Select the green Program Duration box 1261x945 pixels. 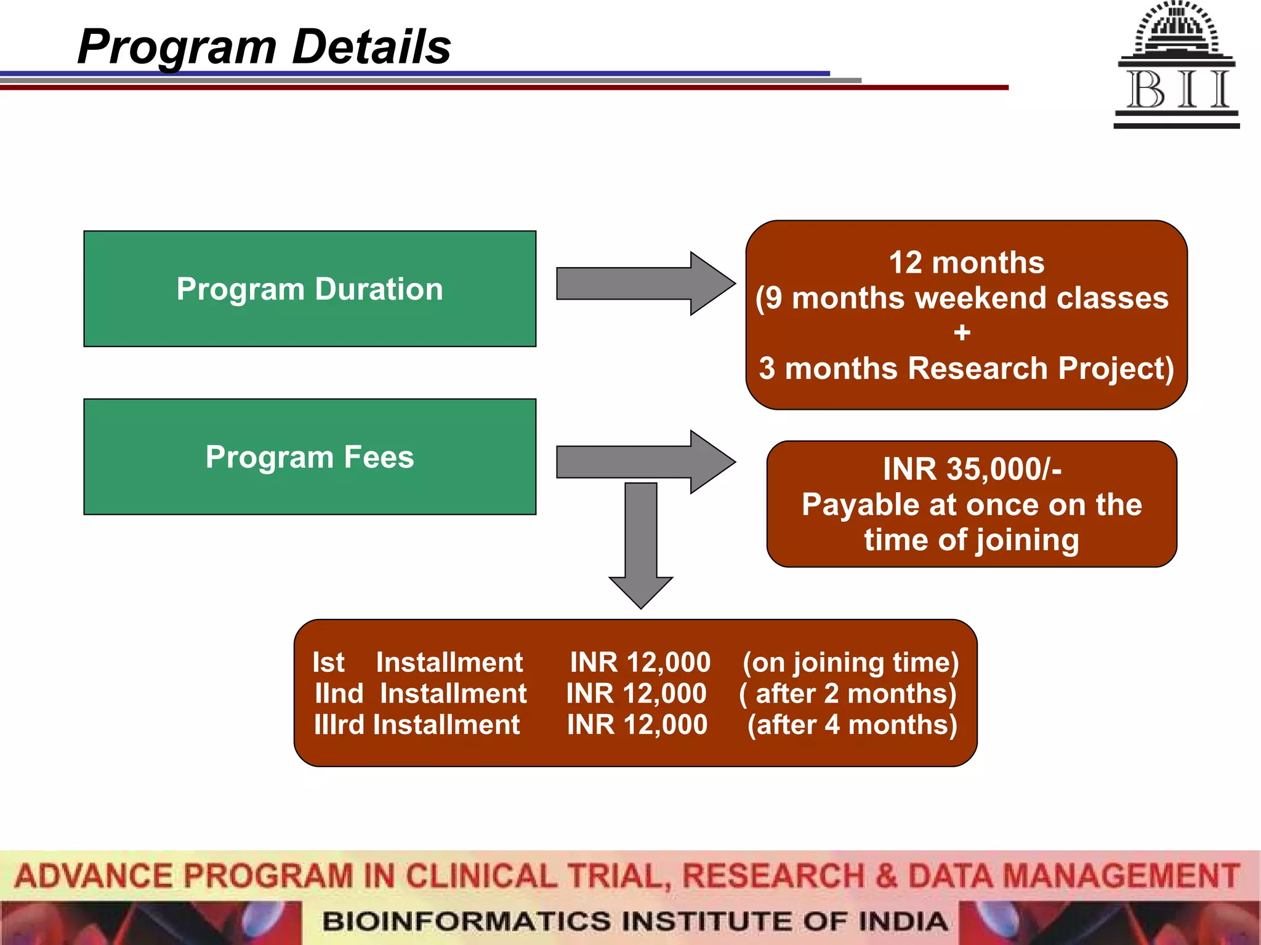(x=310, y=289)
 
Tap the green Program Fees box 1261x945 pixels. (x=310, y=457)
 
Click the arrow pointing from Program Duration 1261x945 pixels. (x=645, y=284)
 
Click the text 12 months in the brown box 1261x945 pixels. (x=966, y=263)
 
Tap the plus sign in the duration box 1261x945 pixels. (x=962, y=333)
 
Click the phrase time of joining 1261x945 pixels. (x=972, y=540)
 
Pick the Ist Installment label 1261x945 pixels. (x=417, y=663)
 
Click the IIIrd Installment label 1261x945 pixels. (x=417, y=725)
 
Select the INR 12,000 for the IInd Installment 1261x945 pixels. (x=636, y=693)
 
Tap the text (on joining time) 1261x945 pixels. (x=850, y=663)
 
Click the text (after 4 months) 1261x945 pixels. (x=852, y=725)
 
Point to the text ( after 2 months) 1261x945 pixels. (x=848, y=693)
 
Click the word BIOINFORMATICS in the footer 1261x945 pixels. (x=467, y=921)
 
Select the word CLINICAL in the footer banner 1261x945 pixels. (x=481, y=876)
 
